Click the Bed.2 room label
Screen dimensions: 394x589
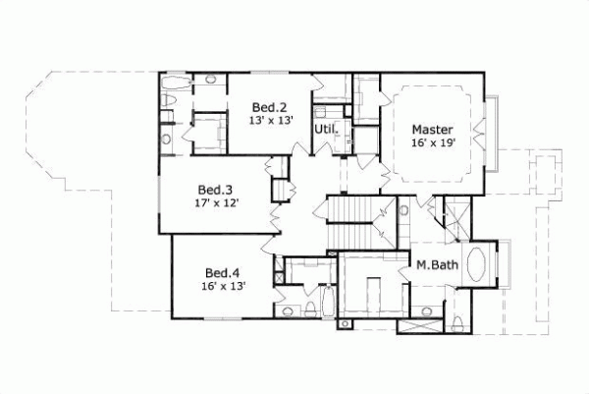pos(268,107)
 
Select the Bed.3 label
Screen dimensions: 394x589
pos(214,190)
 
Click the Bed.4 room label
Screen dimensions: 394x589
pos(222,272)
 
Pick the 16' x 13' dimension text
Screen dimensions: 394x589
pos(222,286)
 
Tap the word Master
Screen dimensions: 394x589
pos(432,129)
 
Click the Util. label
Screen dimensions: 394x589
pos(326,129)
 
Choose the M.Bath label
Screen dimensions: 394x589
pos(433,264)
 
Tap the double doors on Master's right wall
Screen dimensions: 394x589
pos(480,125)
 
